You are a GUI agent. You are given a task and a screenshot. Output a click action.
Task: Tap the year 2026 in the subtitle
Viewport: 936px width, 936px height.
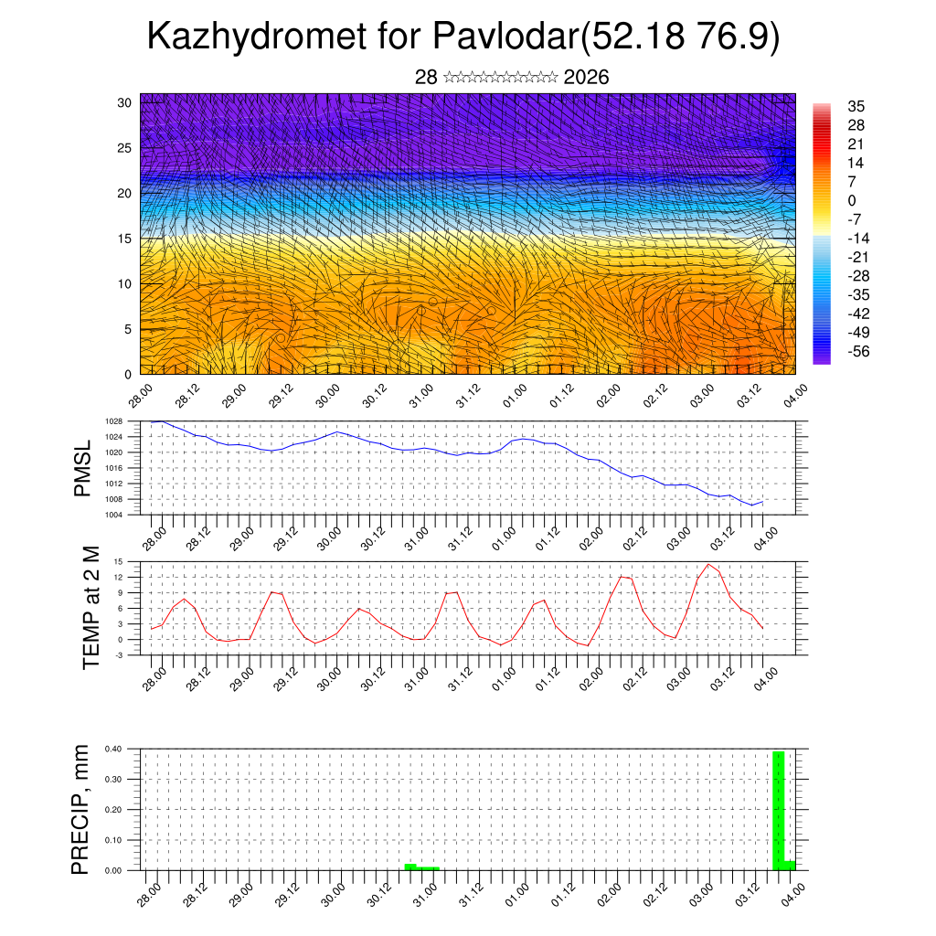coord(587,78)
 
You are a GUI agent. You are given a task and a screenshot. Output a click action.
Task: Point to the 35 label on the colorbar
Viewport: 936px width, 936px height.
coord(856,106)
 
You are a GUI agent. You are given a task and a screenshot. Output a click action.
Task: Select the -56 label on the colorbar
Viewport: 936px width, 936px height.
coord(860,350)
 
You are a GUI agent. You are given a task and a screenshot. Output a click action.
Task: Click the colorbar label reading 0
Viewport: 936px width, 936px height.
coord(852,200)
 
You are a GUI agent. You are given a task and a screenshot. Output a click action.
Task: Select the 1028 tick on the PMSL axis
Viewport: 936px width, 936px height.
coord(113,421)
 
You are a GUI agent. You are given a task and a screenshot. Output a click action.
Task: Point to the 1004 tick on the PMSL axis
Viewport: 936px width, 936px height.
coord(113,515)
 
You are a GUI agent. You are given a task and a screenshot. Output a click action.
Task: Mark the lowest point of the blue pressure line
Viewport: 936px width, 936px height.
coord(752,505)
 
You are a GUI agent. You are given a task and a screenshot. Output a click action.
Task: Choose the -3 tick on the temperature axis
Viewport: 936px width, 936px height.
coord(119,655)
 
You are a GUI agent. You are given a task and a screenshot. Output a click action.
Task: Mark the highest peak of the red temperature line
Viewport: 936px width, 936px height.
coord(708,564)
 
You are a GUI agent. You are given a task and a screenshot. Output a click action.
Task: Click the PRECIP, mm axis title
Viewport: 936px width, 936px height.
coord(81,809)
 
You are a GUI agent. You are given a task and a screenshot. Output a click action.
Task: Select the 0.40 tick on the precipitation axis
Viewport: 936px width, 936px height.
coord(112,749)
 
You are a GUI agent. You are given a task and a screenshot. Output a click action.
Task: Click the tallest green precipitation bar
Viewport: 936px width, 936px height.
coord(779,810)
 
